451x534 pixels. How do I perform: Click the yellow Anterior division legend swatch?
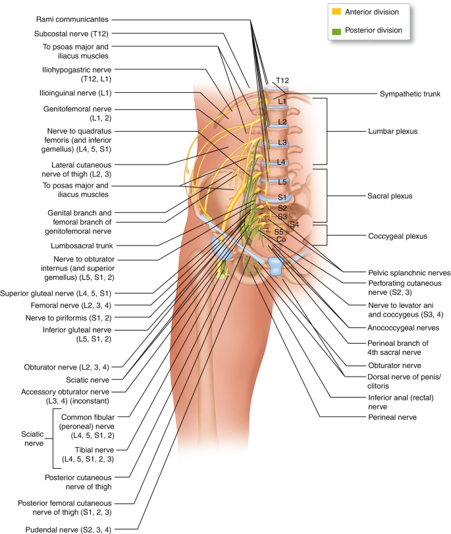click(x=336, y=11)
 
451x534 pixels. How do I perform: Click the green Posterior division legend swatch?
click(x=336, y=32)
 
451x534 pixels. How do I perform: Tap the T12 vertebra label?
click(x=282, y=80)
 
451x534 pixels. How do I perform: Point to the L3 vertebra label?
click(x=282, y=142)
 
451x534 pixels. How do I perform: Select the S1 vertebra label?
click(x=282, y=197)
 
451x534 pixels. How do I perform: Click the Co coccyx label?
click(x=281, y=239)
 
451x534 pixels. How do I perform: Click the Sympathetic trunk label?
click(x=410, y=94)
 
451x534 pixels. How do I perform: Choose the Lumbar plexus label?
click(x=393, y=132)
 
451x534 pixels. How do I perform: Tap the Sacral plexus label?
click(x=390, y=196)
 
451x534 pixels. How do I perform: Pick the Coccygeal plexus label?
click(x=398, y=236)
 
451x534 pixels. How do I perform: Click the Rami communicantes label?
click(x=72, y=19)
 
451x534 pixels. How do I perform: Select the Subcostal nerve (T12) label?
click(x=71, y=34)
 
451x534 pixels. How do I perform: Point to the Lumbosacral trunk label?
click(x=82, y=246)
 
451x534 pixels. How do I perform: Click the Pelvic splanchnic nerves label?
click(x=409, y=273)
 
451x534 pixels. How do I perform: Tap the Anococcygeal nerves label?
click(x=404, y=328)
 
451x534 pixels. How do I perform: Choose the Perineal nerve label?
click(x=392, y=417)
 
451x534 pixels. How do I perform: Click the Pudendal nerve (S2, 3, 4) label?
click(x=68, y=530)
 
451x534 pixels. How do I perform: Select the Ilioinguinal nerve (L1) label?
click(x=75, y=93)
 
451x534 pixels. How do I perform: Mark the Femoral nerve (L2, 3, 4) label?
click(x=71, y=306)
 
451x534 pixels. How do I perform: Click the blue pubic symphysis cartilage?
click(x=276, y=265)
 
